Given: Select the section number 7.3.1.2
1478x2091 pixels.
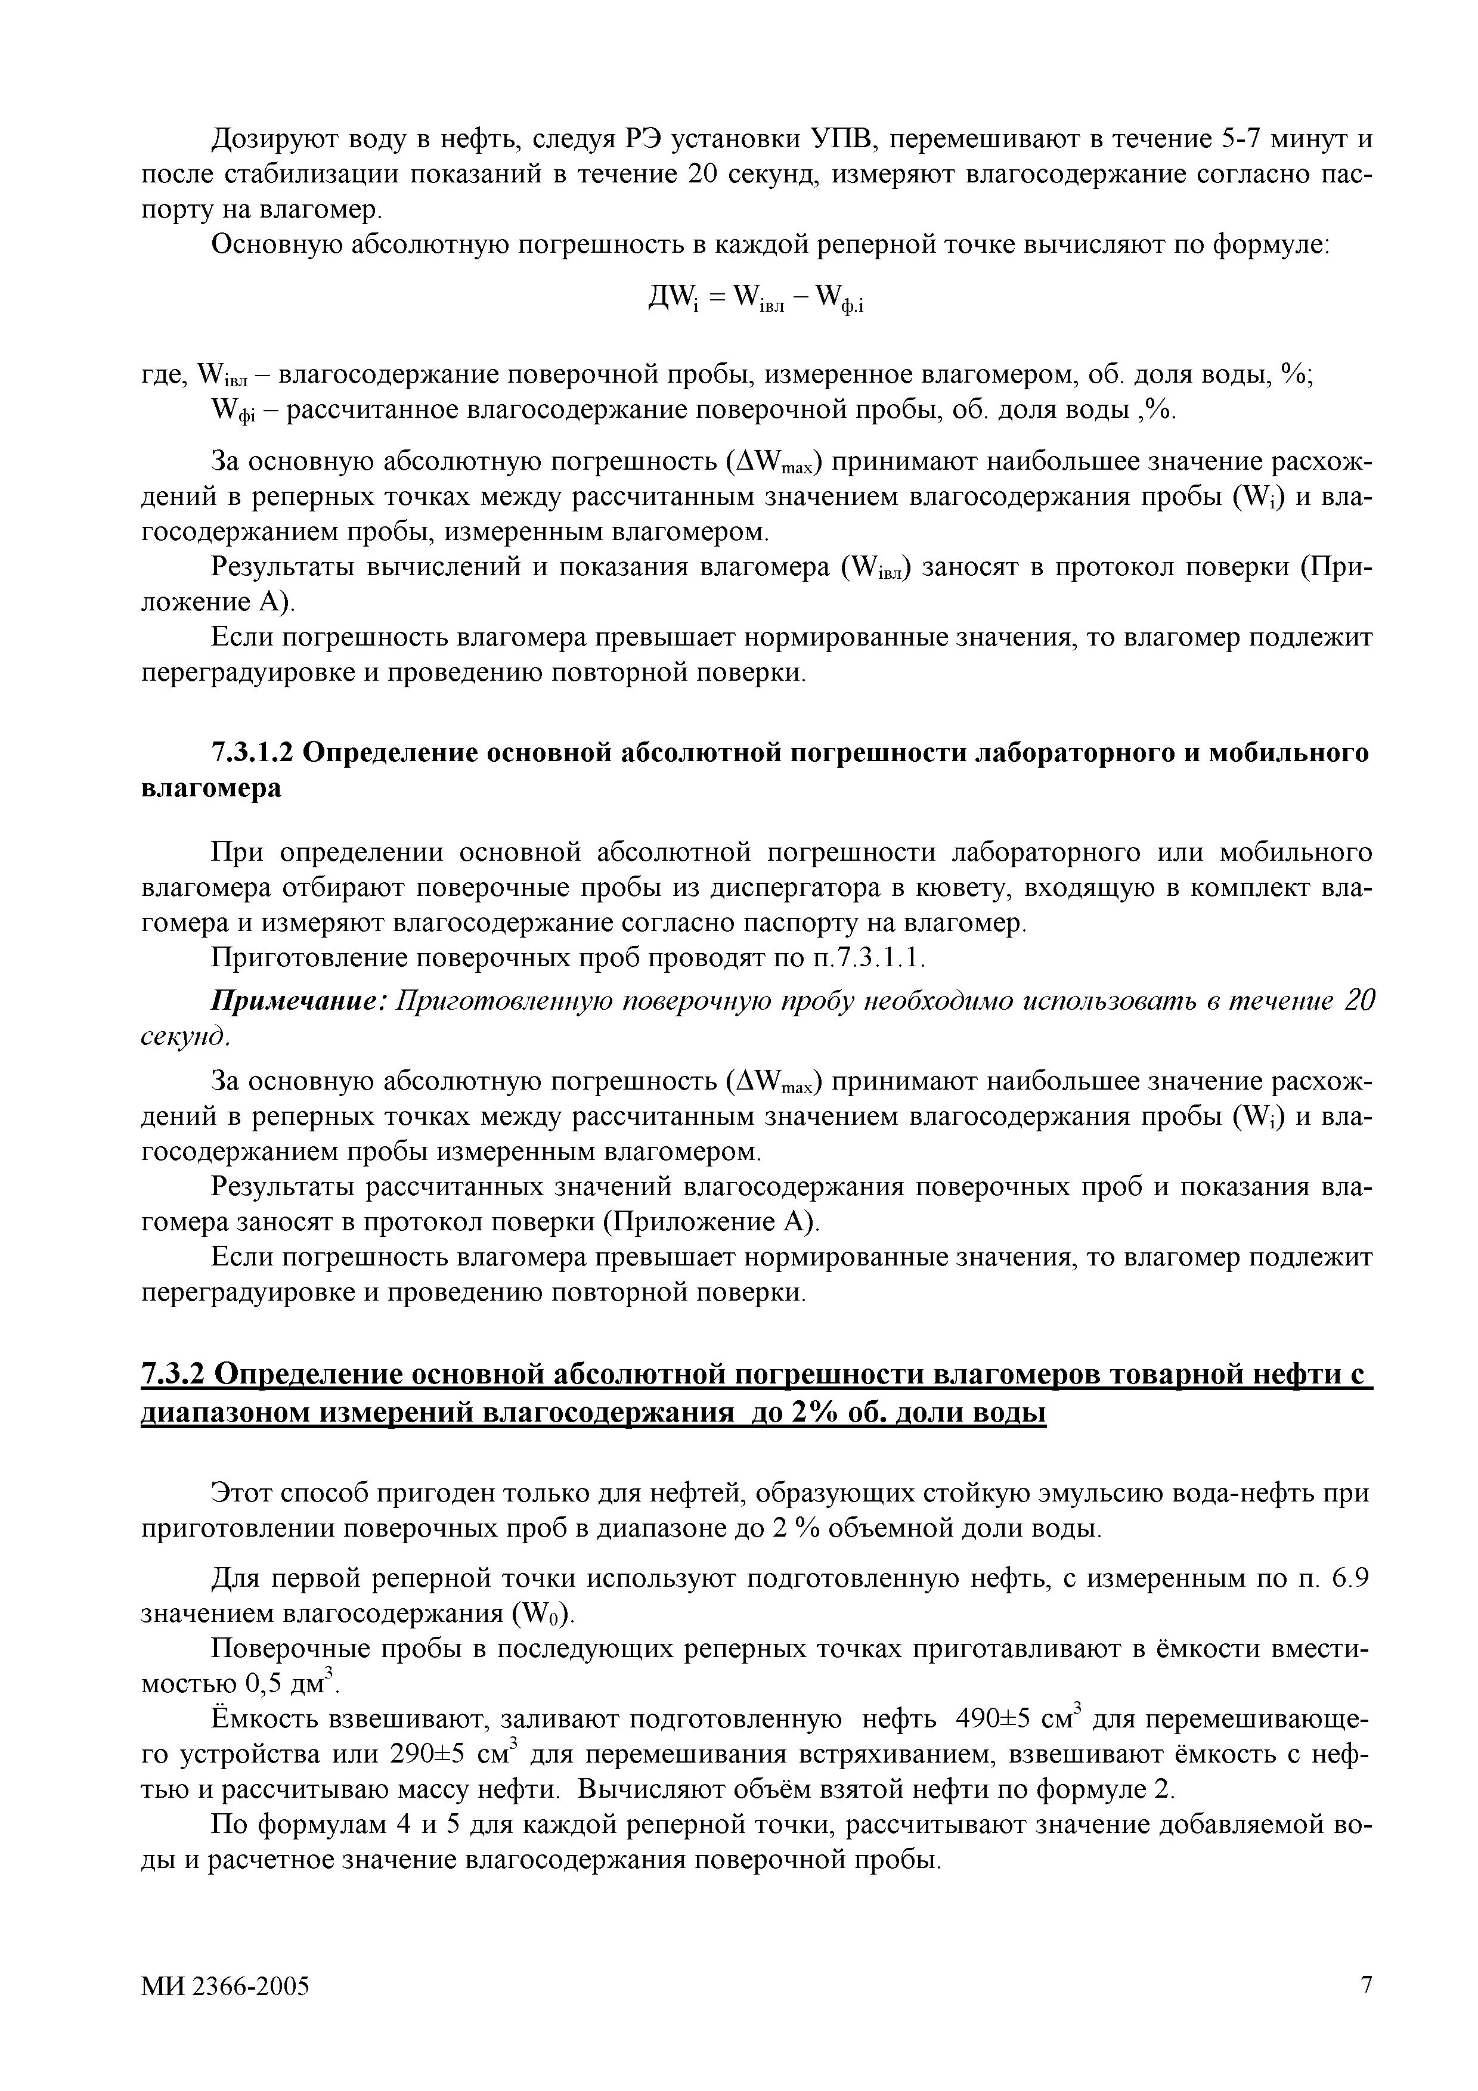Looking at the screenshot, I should pos(252,752).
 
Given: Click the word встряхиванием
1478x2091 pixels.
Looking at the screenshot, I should pos(799,1755).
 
